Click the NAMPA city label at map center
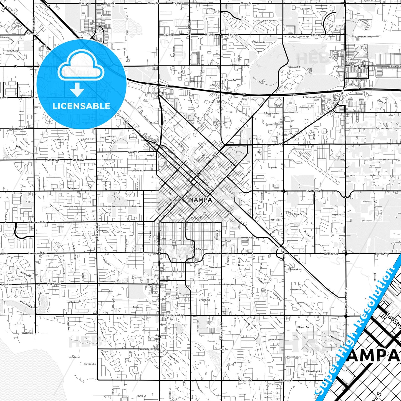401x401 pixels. tap(200, 200)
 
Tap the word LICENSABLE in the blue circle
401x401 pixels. tap(81, 106)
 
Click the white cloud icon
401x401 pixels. tap(81, 66)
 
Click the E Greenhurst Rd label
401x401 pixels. tap(174, 315)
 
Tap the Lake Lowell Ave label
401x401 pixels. tap(37, 253)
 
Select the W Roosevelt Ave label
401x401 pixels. tap(37, 222)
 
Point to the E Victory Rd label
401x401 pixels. tap(314, 191)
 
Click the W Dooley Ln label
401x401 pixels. tap(147, 349)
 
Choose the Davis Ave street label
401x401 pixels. tap(133, 152)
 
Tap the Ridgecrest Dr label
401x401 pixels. tap(294, 67)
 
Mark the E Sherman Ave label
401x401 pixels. tap(245, 238)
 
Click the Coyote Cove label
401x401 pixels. tap(27, 333)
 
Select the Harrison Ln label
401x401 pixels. tap(90, 364)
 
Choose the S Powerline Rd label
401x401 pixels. tap(221, 331)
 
